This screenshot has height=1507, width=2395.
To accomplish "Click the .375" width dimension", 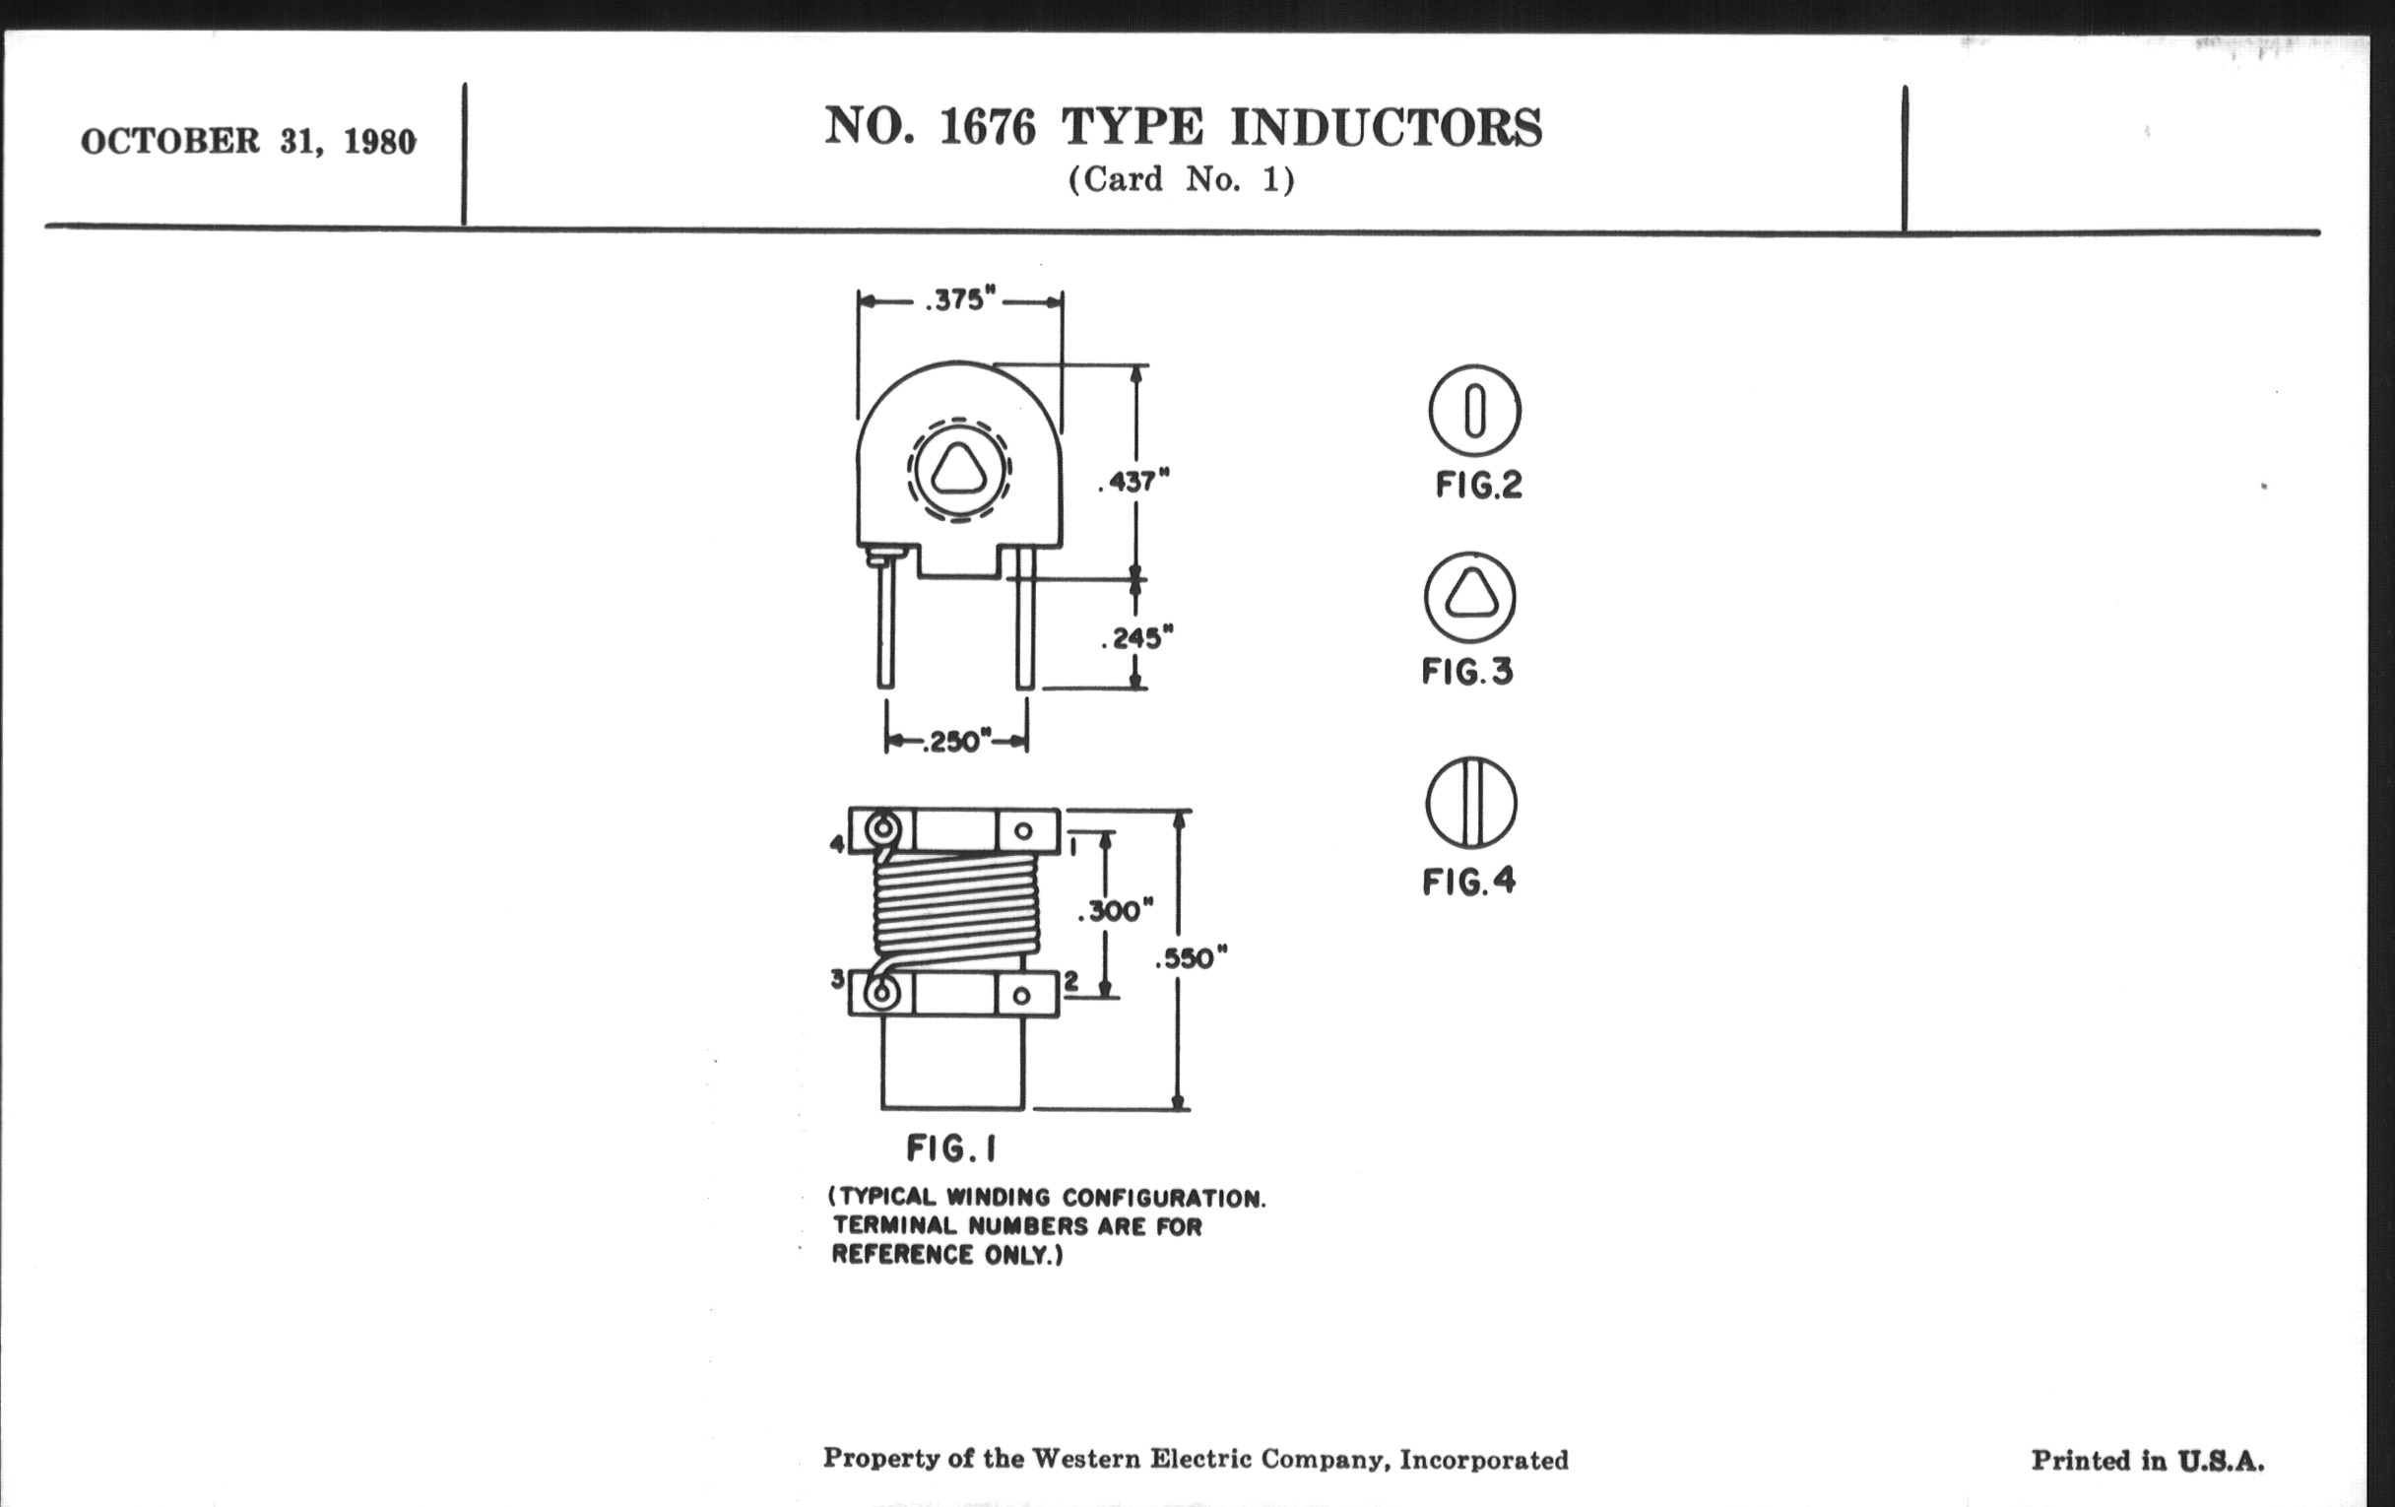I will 960,299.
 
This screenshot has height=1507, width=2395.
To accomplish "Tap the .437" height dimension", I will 1133,483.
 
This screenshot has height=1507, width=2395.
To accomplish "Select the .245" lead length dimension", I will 1136,637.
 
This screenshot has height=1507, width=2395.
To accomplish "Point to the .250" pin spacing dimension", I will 956,742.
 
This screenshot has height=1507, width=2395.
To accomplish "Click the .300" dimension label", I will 1116,910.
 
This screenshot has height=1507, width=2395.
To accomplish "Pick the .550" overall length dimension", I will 1191,959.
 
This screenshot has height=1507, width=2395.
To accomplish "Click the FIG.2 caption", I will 1478,486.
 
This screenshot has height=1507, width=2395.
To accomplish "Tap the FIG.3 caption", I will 1467,673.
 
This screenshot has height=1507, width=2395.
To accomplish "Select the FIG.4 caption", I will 1469,882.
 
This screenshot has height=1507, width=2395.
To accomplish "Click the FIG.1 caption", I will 951,1149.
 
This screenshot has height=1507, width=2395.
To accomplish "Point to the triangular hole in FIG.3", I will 1469,596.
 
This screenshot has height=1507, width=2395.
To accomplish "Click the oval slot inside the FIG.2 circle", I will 1475,411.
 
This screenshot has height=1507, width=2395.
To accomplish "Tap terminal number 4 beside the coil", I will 837,844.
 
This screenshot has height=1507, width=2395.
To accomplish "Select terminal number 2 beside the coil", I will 1071,981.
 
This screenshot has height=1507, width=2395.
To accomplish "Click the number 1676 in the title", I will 987,127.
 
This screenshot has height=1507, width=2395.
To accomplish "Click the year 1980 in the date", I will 380,142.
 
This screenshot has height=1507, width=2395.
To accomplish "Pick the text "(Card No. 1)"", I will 1182,180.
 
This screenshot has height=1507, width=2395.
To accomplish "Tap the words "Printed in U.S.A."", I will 2148,1461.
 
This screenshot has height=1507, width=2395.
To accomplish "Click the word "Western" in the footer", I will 1086,1459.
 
